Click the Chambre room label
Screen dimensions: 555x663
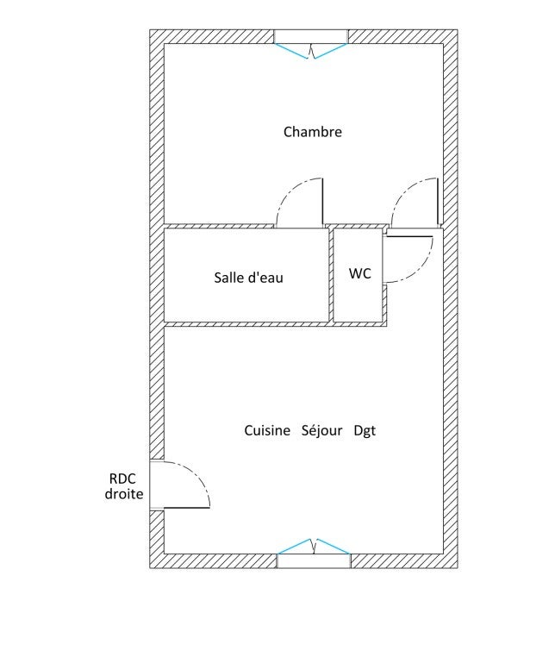pyautogui.click(x=312, y=132)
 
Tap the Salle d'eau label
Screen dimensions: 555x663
pyautogui.click(x=248, y=278)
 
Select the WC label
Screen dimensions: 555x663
pyautogui.click(x=359, y=273)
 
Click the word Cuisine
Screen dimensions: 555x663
pyautogui.click(x=267, y=430)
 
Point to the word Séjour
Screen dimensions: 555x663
pyautogui.click(x=322, y=431)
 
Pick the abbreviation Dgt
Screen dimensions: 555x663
pyautogui.click(x=365, y=431)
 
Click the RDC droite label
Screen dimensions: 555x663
pyautogui.click(x=124, y=486)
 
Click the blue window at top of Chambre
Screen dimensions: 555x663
pyautogui.click(x=311, y=51)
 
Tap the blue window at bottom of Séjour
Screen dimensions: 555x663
pyautogui.click(x=314, y=547)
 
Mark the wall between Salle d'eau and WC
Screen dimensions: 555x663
pyautogui.click(x=332, y=275)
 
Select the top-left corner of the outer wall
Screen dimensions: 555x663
pyautogui.click(x=150, y=29)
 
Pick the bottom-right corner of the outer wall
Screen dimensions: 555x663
pyautogui.click(x=458, y=568)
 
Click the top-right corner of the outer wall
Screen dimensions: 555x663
pyautogui.click(x=458, y=29)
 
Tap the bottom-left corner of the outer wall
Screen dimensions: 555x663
pyautogui.click(x=150, y=568)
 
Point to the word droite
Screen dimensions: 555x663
pyautogui.click(x=124, y=494)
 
